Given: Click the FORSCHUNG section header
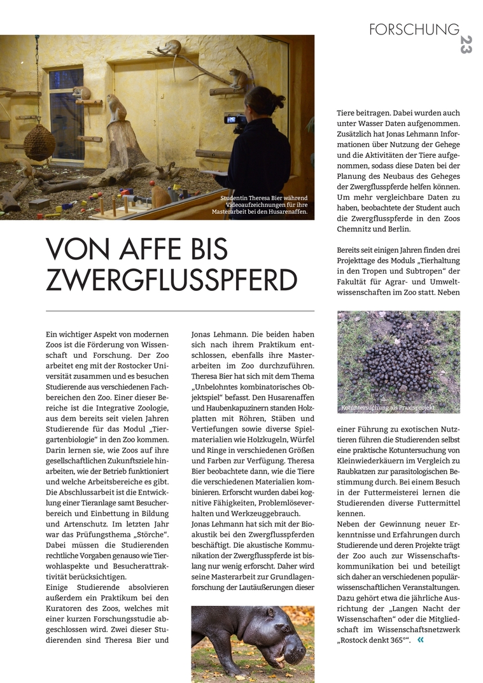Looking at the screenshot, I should coord(414,29).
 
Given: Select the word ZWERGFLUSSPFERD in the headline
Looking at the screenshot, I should coord(172,280).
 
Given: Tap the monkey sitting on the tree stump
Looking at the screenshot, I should coord(116,109).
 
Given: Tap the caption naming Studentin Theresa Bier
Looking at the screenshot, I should coord(264,205).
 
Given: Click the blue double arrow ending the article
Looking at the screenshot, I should coord(420,640).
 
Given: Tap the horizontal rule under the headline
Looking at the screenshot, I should coord(180,311).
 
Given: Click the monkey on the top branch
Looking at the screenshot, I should coord(171,47).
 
